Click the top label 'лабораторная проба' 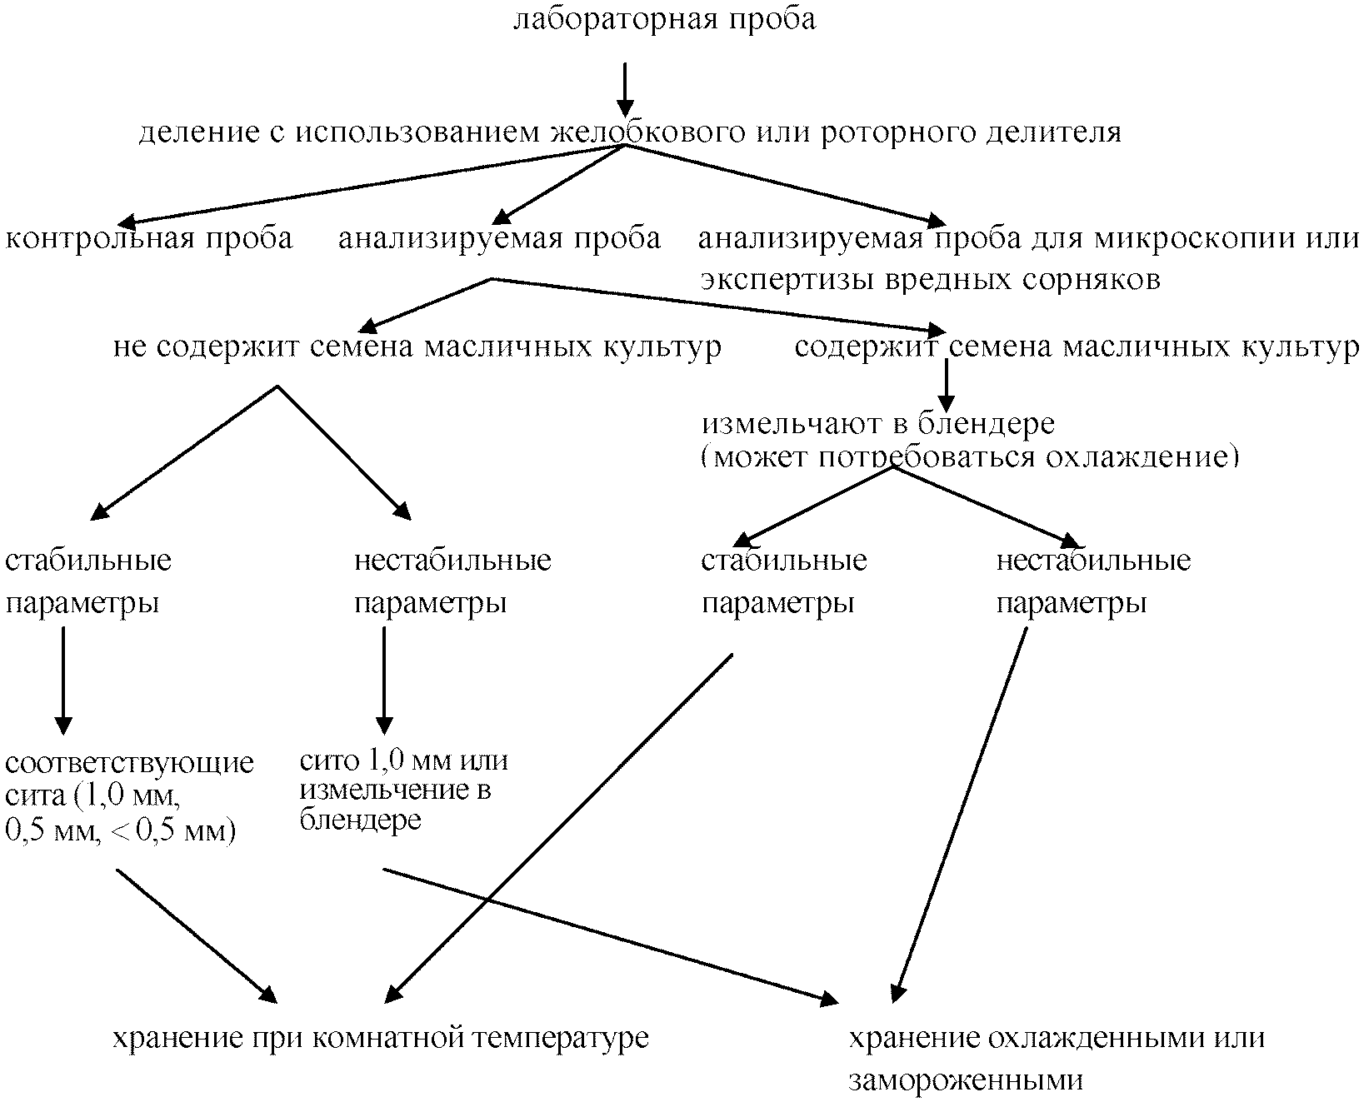tap(664, 20)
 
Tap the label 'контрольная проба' tap(150, 238)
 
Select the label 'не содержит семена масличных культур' tap(417, 347)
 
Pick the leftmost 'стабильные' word tap(88, 560)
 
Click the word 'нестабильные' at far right tap(1093, 560)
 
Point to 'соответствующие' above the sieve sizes tap(130, 763)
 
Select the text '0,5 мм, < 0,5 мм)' tap(121, 830)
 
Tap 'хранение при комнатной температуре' tap(380, 1039)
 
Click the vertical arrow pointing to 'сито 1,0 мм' tap(383, 679)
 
